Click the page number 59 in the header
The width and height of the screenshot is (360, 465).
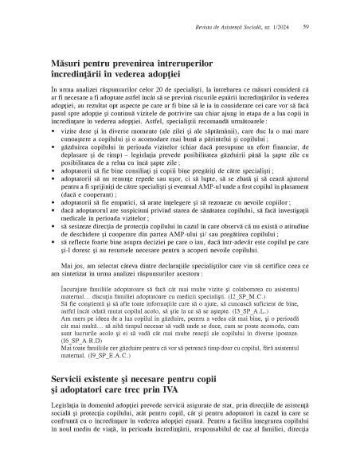pos(306,28)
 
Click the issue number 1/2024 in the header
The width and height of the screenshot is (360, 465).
pos(276,28)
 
